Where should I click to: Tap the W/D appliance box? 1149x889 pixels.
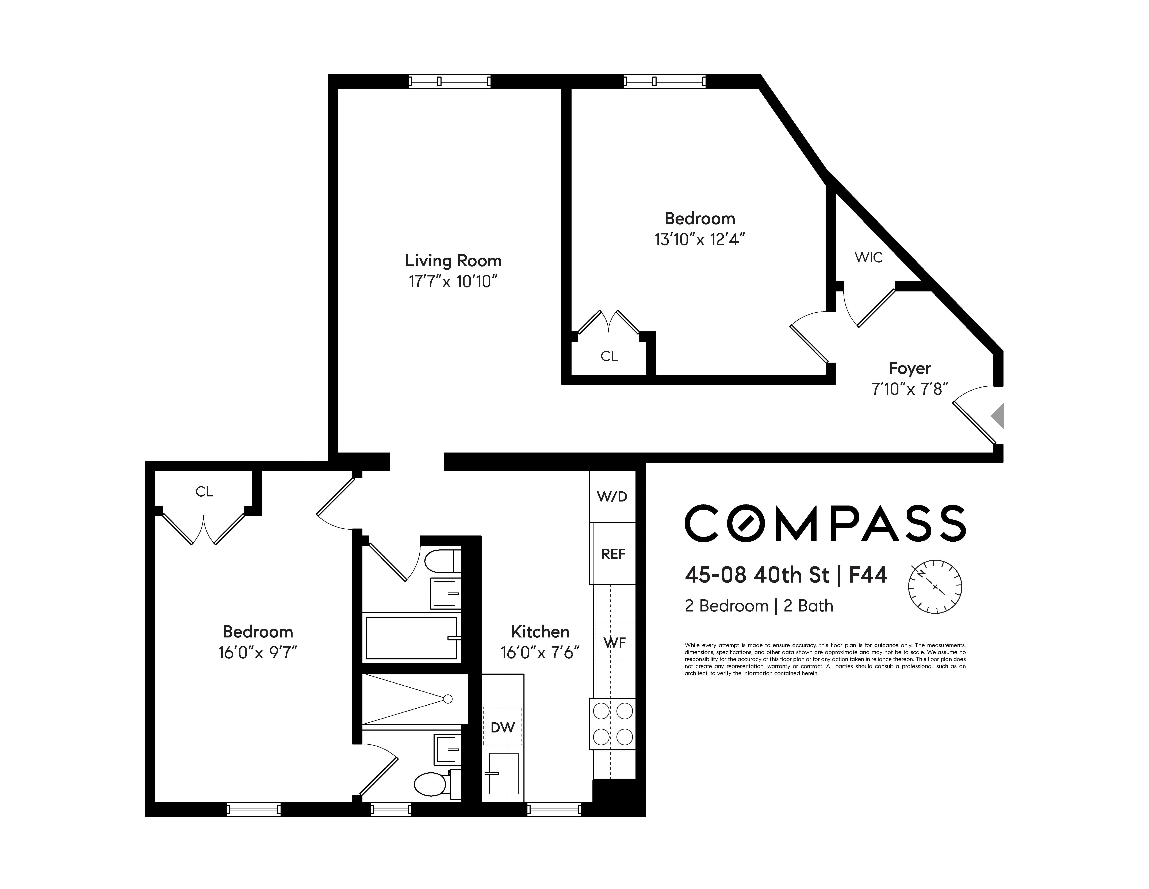coord(612,496)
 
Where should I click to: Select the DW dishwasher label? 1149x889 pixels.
coord(502,727)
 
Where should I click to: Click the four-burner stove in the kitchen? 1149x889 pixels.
coord(613,724)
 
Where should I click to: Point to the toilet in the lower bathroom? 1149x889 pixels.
coord(431,784)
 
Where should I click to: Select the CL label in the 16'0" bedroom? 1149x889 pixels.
coord(204,492)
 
